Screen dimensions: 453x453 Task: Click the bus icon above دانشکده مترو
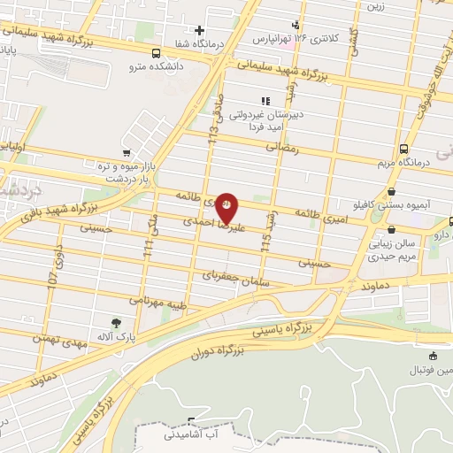pyautogui.click(x=156, y=53)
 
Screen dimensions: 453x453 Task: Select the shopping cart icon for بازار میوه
pyautogui.click(x=126, y=153)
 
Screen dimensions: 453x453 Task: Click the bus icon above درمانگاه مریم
pyautogui.click(x=403, y=149)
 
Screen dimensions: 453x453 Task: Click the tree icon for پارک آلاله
pyautogui.click(x=116, y=322)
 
